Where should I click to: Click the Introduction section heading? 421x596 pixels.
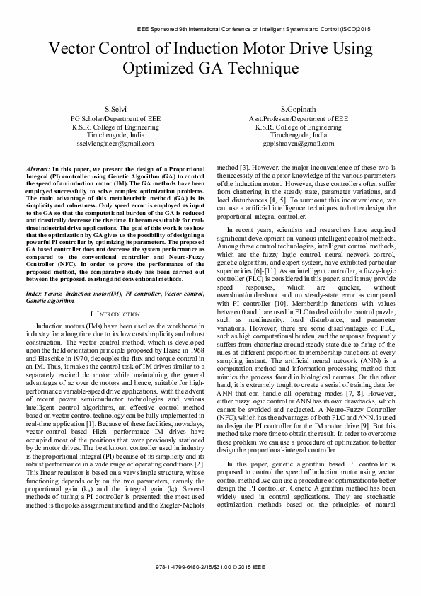pyautogui.click(x=117, y=312)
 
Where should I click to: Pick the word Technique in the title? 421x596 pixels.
pyautogui.click(x=261, y=69)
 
